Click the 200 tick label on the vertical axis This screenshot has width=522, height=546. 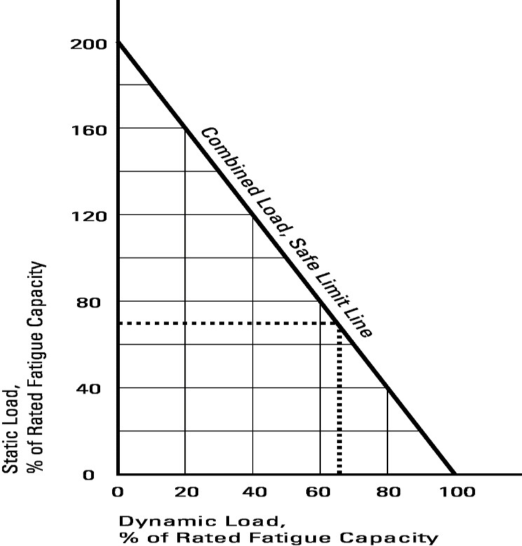[88, 43]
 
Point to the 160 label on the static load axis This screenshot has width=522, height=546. [88, 129]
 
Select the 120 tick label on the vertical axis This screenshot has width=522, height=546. [88, 215]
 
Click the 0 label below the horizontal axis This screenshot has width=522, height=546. [118, 492]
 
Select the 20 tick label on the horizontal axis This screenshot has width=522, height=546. [186, 492]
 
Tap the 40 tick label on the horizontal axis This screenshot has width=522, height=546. [253, 492]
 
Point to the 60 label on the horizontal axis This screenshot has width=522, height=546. [320, 492]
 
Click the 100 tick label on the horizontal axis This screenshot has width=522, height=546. [455, 492]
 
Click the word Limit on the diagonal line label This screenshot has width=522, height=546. [338, 295]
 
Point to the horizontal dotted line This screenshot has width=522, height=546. [224, 323]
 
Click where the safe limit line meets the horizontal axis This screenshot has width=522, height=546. [454, 474]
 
